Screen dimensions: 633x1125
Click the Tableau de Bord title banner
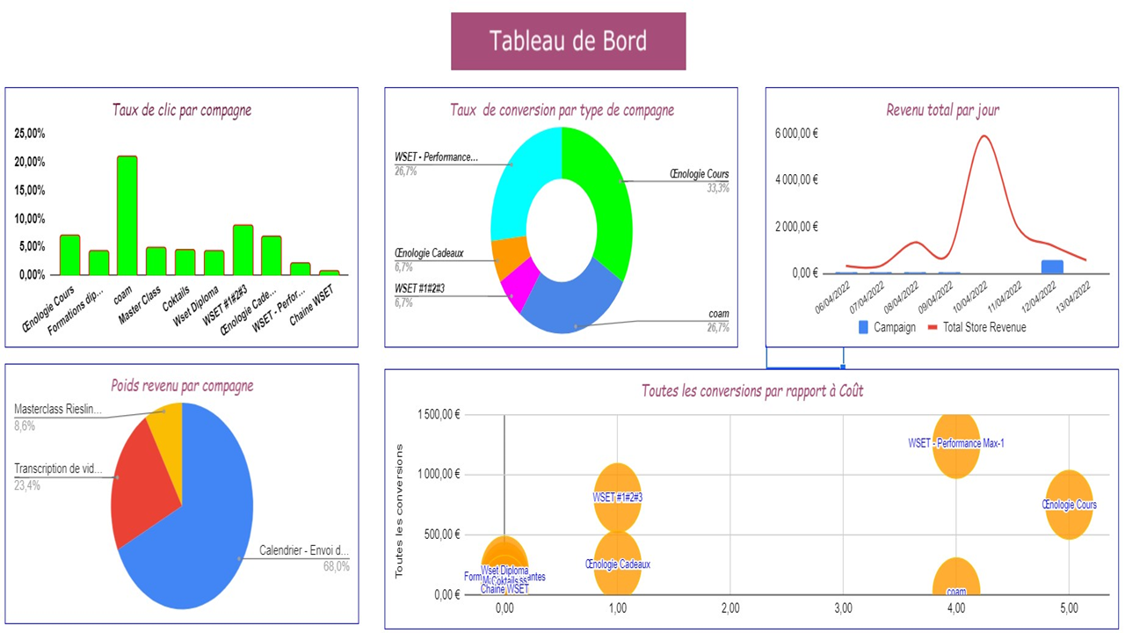pos(568,40)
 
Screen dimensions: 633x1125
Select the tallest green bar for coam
pos(127,215)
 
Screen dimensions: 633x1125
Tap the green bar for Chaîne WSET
pos(329,273)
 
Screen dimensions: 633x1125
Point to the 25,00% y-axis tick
pos(30,134)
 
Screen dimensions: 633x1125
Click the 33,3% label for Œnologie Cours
pos(717,188)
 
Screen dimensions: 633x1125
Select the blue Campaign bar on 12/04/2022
pos(1051,266)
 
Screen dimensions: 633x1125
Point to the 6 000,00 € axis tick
pos(796,133)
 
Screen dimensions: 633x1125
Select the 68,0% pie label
pos(336,567)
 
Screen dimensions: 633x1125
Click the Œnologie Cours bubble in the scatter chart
pos(1069,505)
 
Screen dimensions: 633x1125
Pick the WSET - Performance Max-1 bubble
pos(956,444)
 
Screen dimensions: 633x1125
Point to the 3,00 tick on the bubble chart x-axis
pos(843,608)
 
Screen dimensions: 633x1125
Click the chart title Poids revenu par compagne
pos(182,385)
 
